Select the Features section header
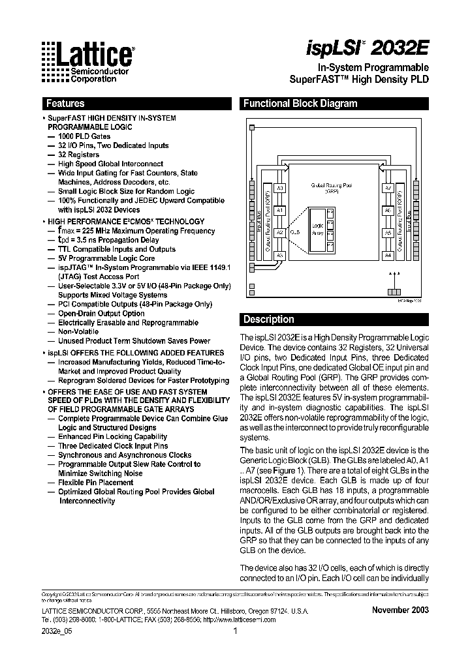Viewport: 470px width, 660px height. coord(65,104)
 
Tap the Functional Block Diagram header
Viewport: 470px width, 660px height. coord(300,104)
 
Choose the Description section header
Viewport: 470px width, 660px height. coord(268,320)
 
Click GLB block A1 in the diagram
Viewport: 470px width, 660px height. coord(279,211)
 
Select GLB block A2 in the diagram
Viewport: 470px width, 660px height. coord(279,232)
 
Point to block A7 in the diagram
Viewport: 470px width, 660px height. coord(388,188)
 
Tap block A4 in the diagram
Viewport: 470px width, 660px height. coord(388,255)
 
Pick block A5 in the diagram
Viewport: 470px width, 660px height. coord(388,232)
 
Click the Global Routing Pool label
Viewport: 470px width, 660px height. coord(334,188)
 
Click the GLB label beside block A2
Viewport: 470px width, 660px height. coord(295,232)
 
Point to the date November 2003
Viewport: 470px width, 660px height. coord(400,610)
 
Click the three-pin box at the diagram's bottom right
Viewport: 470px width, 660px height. coord(393,291)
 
